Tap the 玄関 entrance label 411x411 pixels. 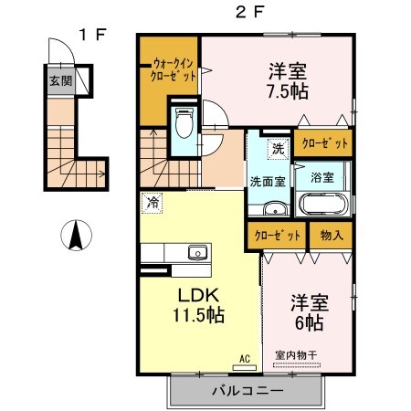(60, 79)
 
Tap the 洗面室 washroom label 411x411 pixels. (269, 180)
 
